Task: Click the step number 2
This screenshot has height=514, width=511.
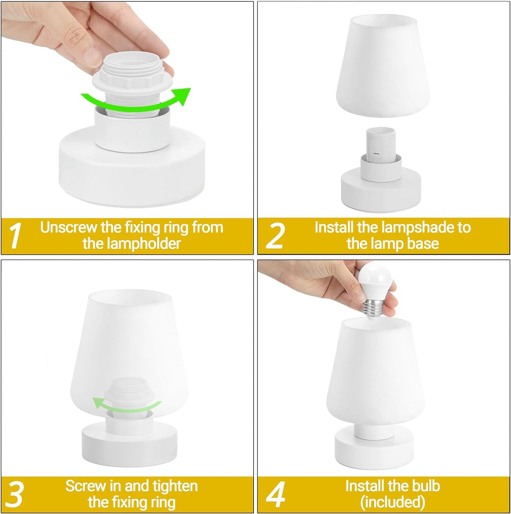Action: point(275,236)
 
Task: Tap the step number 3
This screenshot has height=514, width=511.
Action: point(15,494)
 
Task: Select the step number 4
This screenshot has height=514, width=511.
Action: point(275,494)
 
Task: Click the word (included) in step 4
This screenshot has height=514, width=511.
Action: point(393,502)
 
